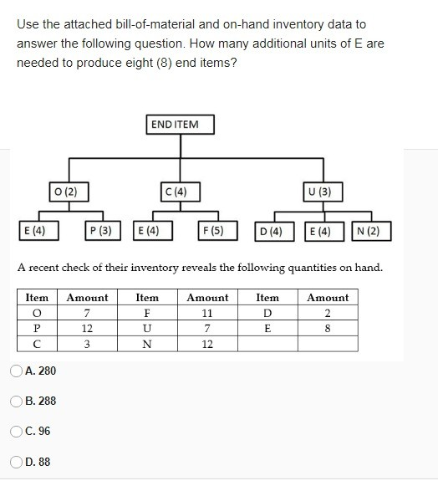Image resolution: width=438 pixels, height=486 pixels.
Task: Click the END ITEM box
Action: coord(179,125)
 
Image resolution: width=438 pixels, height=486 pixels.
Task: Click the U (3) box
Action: coord(319,191)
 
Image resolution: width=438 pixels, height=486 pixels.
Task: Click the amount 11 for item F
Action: coord(207,313)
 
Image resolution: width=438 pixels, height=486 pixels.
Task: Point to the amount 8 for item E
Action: coord(328,329)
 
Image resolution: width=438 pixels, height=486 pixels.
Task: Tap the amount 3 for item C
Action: coord(87,344)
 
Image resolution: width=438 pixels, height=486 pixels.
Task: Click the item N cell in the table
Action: coord(147,344)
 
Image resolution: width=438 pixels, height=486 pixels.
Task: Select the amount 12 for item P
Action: coord(87,329)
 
